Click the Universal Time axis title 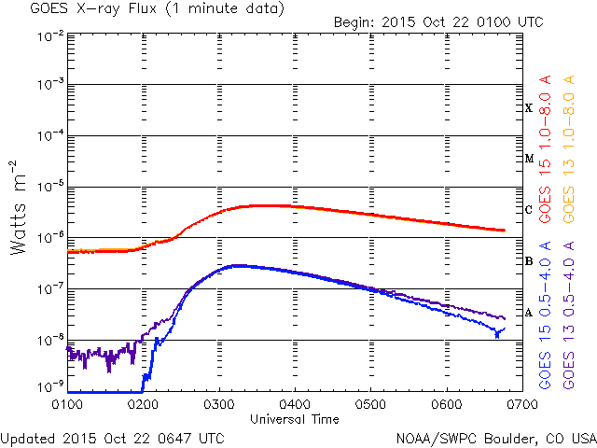click(294, 420)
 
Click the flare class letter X click(529, 108)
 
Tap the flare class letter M click(529, 159)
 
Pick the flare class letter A click(529, 313)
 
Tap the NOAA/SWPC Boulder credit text click(494, 438)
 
